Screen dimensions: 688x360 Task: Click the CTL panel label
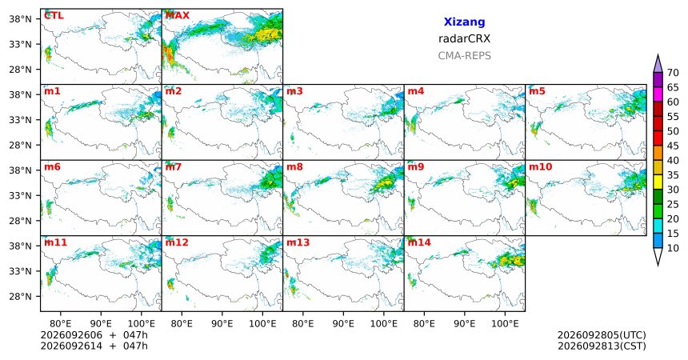(54, 16)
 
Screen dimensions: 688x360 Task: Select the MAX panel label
(178, 16)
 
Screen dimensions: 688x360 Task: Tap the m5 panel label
(537, 91)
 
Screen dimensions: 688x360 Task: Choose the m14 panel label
(419, 242)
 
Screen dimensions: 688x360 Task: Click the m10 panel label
(541, 167)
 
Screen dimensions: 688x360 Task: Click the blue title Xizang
(464, 22)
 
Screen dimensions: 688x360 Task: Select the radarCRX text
(464, 38)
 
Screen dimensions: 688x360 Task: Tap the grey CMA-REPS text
(464, 56)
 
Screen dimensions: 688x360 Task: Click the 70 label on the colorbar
(673, 73)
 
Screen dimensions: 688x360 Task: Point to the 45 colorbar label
(673, 146)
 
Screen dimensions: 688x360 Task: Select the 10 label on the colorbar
(673, 248)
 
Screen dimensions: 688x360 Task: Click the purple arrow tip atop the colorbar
(658, 55)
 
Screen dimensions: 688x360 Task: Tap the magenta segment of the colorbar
(658, 94)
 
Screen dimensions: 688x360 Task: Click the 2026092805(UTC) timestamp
(602, 335)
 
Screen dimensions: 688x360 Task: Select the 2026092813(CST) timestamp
(602, 346)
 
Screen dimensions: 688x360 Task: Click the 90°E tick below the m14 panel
(464, 324)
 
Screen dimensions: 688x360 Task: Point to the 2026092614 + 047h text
(94, 346)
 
